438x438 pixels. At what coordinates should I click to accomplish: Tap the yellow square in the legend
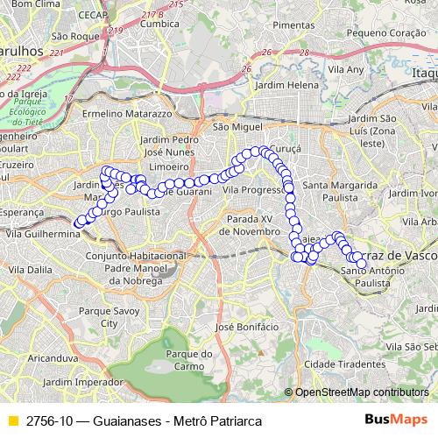tap(11, 420)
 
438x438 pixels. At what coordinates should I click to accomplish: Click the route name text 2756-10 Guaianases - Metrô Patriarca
tap(144, 420)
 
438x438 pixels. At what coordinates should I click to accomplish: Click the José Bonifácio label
tap(246, 326)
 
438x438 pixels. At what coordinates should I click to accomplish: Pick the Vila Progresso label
tap(251, 189)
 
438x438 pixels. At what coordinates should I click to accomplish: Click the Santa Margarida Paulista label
tap(340, 192)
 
